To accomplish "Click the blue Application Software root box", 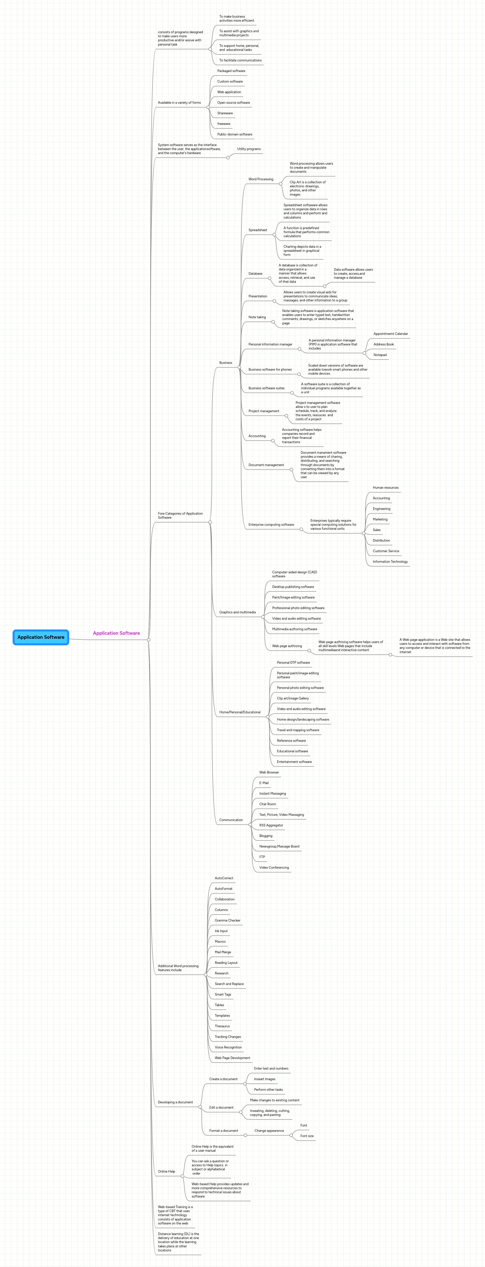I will pos(41,637).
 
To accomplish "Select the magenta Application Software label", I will pos(116,633).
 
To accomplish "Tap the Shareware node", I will pos(225,113).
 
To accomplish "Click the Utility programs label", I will pos(249,149).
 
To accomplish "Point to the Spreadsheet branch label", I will pos(258,230).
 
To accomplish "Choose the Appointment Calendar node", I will pos(391,334).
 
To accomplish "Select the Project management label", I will pos(264,411).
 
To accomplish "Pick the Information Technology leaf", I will pos(390,562).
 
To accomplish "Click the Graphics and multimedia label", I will pos(237,612).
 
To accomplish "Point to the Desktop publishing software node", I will pos(293,587).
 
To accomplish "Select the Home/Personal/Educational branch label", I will pos(240,712).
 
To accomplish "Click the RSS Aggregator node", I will pos(271,825).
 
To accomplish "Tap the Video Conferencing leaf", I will pos(274,868).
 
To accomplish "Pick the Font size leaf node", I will pos(307,1136).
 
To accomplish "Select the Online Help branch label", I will pos(166,1172).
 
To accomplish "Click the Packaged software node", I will pos(231,71).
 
